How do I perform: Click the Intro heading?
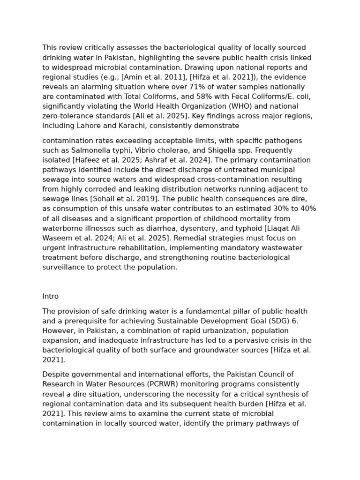pos(50,296)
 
